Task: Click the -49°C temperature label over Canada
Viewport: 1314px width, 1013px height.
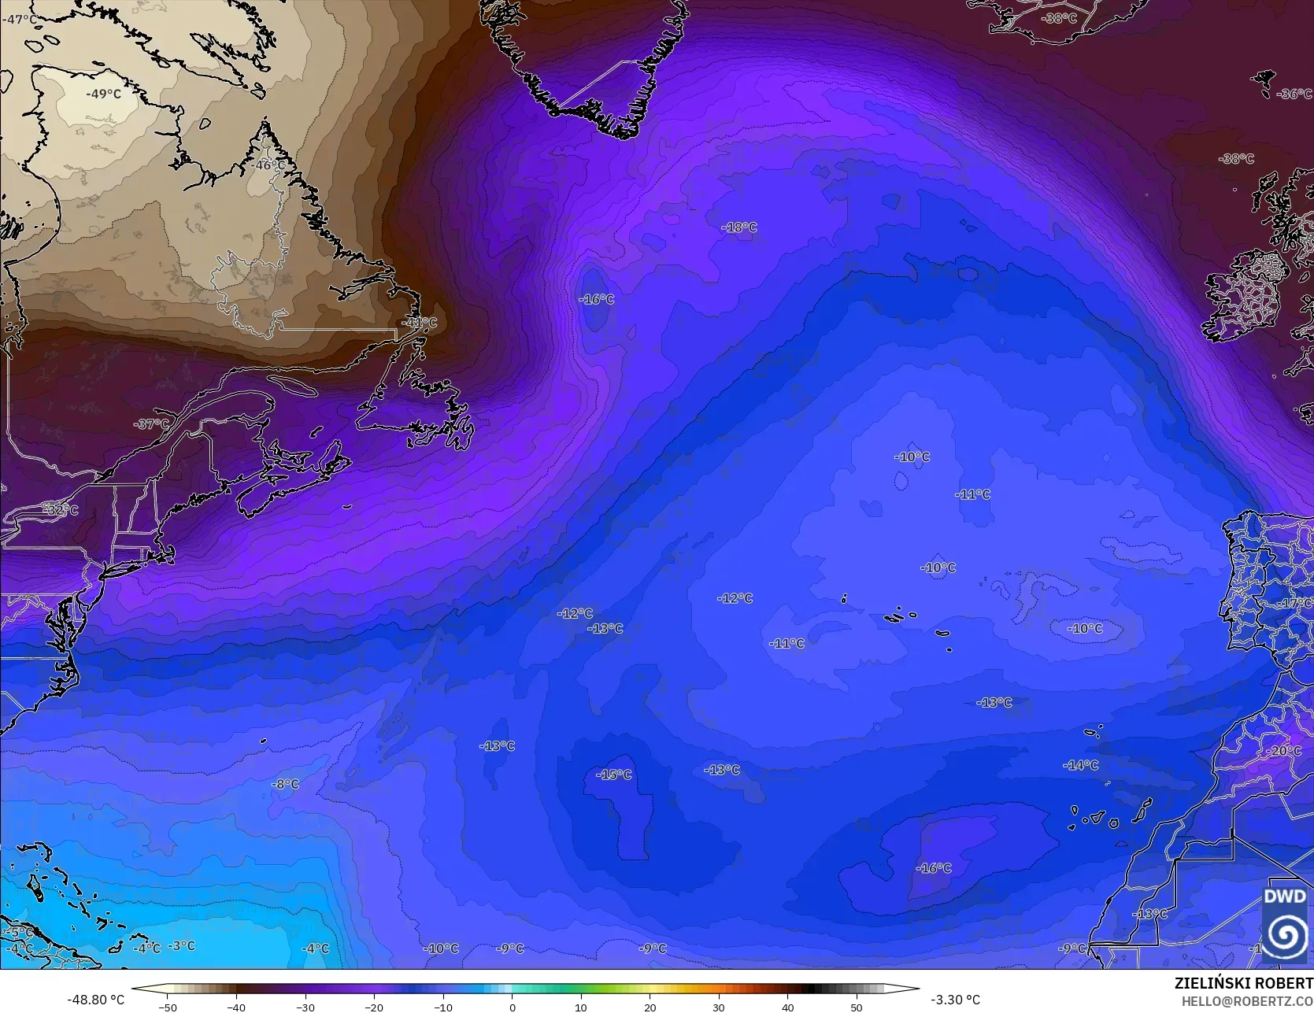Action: [104, 94]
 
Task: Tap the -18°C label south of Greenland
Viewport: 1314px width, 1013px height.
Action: [738, 227]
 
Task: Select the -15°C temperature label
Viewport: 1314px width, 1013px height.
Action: [613, 775]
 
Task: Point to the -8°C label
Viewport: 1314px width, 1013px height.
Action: [285, 784]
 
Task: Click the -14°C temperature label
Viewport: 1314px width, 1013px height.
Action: [1080, 765]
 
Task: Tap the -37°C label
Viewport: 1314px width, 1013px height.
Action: [151, 424]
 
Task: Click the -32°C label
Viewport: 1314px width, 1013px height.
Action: [61, 510]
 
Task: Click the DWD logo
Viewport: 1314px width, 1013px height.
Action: [1285, 921]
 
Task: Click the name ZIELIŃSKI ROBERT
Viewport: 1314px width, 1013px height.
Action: [1243, 983]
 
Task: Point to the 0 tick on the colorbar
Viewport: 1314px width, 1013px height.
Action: [512, 1007]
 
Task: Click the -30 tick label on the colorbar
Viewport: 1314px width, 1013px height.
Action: [305, 1007]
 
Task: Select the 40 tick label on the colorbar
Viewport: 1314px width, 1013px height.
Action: [787, 1007]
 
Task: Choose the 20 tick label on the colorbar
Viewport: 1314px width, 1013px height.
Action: [650, 1007]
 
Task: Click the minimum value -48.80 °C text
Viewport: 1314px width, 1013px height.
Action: [96, 1000]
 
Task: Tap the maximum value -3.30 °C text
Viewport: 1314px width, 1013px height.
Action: [955, 1000]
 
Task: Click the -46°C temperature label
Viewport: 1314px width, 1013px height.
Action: [270, 165]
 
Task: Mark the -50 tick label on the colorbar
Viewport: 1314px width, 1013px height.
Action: [168, 1007]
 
